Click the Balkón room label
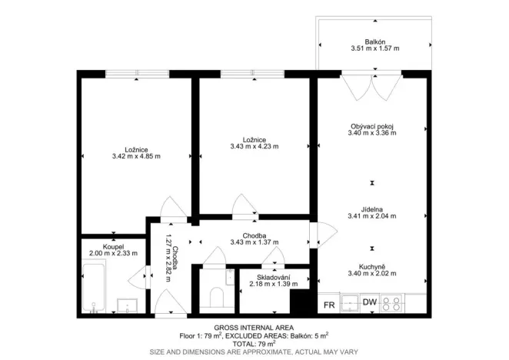(x=375, y=41)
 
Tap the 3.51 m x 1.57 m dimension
(x=375, y=48)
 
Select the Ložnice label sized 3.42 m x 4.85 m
(x=135, y=149)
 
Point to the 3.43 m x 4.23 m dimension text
(x=254, y=146)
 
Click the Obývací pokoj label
(x=372, y=125)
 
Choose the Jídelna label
(x=372, y=208)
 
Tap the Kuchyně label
(x=372, y=265)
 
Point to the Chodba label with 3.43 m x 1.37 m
(x=254, y=236)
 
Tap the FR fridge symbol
(x=328, y=305)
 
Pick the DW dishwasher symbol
(x=370, y=302)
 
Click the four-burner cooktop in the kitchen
(x=392, y=302)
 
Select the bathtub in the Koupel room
(x=93, y=286)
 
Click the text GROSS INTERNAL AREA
(x=254, y=327)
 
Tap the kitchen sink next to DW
(x=349, y=302)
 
